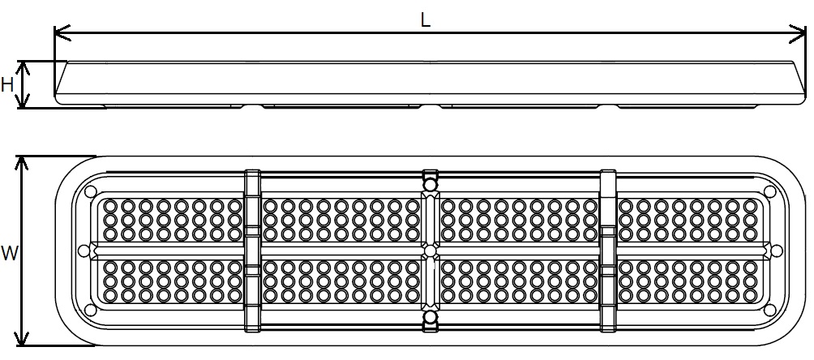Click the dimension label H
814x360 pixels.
(7, 84)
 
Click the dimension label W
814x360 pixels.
(9, 254)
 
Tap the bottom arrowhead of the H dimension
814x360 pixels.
(24, 103)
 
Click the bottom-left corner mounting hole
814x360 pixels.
(90, 310)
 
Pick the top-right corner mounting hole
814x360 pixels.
(768, 192)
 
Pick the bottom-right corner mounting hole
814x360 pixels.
(768, 310)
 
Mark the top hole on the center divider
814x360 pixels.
(430, 186)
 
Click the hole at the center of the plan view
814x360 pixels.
(430, 251)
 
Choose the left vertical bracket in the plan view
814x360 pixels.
(252, 251)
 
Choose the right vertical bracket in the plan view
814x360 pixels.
(608, 251)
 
